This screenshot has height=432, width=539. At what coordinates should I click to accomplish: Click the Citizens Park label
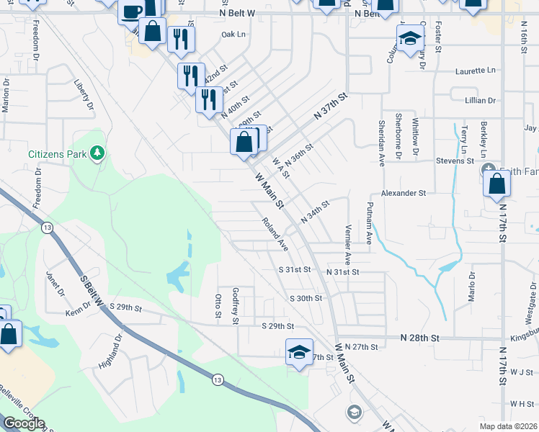click(56, 153)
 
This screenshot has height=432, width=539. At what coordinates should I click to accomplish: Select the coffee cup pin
click(132, 12)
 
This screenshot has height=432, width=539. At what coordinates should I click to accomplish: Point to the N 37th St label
click(331, 107)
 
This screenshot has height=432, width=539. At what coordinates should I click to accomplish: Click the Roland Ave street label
click(275, 235)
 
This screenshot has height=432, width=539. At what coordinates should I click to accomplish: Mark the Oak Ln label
click(233, 35)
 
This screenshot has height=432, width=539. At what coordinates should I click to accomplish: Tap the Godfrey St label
click(235, 305)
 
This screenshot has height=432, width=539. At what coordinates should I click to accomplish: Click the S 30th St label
click(305, 298)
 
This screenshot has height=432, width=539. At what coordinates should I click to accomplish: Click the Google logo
click(24, 423)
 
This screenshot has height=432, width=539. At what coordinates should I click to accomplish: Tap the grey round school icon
click(354, 412)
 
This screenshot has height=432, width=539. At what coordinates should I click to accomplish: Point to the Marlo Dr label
click(473, 285)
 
